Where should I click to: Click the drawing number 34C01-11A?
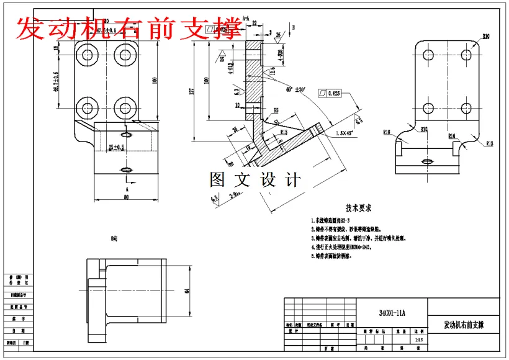[x=392, y=313]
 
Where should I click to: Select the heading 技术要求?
[x=359, y=209]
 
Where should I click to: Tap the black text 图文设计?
[x=255, y=180]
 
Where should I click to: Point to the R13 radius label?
[x=489, y=144]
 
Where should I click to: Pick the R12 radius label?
[x=424, y=130]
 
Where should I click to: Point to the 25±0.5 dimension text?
[x=116, y=147]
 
